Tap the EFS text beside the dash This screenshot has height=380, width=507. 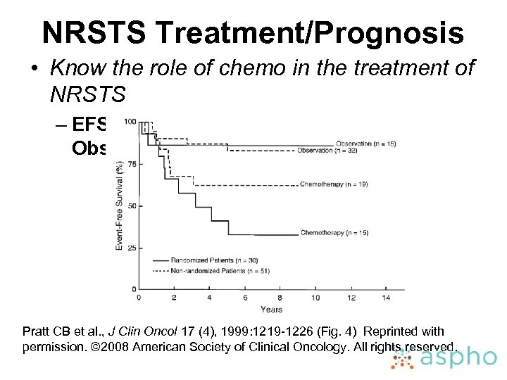[89, 125]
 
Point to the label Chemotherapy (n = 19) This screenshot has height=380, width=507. [334, 184]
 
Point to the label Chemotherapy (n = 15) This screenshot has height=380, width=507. [334, 233]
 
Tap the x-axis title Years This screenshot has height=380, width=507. [270, 310]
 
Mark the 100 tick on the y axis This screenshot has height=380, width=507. [130, 122]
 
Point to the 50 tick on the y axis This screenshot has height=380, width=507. [132, 206]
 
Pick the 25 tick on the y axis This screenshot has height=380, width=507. [132, 248]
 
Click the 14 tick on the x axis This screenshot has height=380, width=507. [386, 298]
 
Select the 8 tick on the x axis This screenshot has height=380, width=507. [280, 298]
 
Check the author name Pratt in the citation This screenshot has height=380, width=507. [37, 331]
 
